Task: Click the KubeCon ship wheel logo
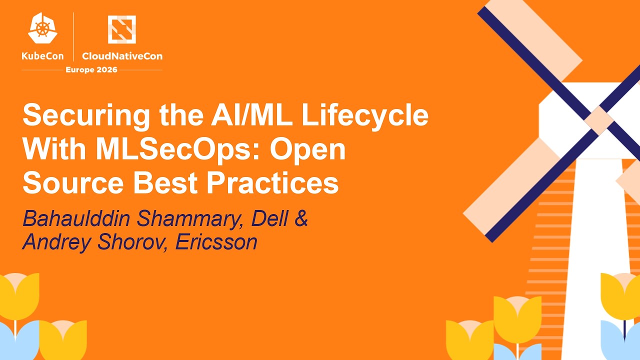point(42,28)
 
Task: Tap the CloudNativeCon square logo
point(122,29)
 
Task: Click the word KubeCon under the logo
point(43,56)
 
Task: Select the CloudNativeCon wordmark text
point(122,56)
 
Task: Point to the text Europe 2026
point(91,69)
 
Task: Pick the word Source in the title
point(71,183)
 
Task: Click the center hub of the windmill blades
point(599,120)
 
